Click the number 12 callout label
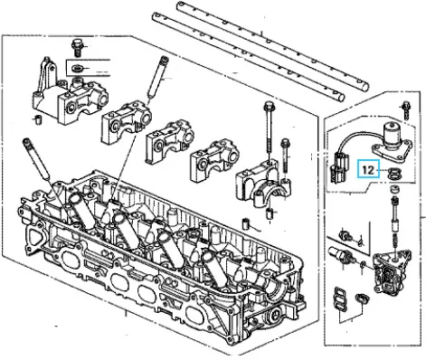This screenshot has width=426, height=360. pyautogui.click(x=368, y=170)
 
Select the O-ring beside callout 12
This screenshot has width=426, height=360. pyautogui.click(x=393, y=174)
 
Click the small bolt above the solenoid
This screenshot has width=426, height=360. pyautogui.click(x=406, y=111)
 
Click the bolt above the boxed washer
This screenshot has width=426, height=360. pyautogui.click(x=77, y=48)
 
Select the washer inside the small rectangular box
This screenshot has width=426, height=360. pyautogui.click(x=77, y=69)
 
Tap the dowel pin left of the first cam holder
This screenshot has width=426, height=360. pyautogui.click(x=38, y=119)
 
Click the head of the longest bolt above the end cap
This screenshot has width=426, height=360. pyautogui.click(x=268, y=106)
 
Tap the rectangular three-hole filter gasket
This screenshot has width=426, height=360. pyautogui.click(x=338, y=299)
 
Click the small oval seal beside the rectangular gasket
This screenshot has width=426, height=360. pyautogui.click(x=361, y=298)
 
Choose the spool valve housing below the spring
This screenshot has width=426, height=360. pyautogui.click(x=391, y=269)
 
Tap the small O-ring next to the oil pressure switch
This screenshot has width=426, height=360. pyautogui.click(x=363, y=265)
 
